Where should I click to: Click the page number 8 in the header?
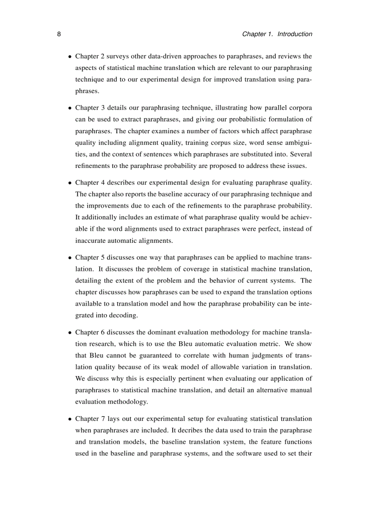coord(59,34)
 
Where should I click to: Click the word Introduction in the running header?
coord(294,34)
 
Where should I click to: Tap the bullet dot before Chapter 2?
coord(70,57)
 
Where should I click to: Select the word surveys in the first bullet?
coord(113,57)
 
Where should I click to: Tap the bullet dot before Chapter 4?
coord(70,183)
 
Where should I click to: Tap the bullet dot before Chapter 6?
coord(70,333)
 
